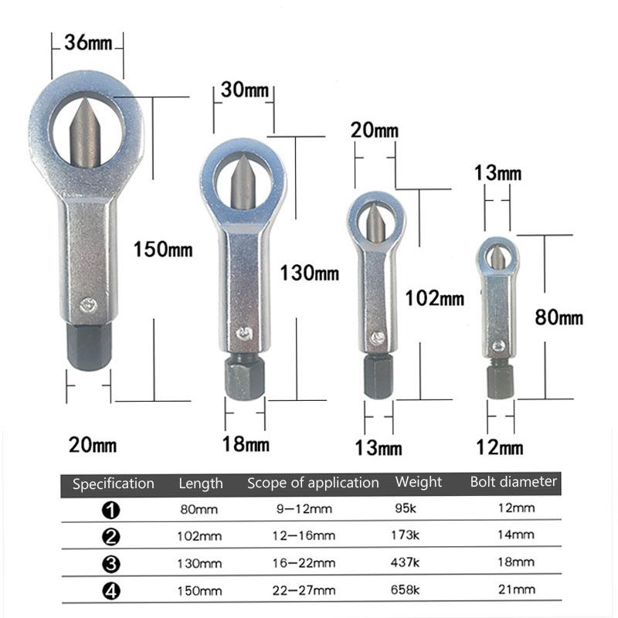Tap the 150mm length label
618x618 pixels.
click(162, 250)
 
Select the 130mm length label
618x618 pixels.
click(309, 273)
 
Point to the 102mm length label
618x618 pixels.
click(434, 297)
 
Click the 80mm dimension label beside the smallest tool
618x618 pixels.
click(559, 317)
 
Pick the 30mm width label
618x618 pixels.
click(244, 90)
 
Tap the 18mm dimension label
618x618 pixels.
click(246, 444)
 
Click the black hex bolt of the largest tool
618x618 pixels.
click(88, 346)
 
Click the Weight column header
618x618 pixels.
click(419, 482)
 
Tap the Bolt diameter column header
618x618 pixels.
click(513, 481)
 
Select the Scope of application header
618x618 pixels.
click(313, 483)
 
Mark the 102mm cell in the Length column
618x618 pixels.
click(199, 535)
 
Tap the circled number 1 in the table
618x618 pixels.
click(111, 509)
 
